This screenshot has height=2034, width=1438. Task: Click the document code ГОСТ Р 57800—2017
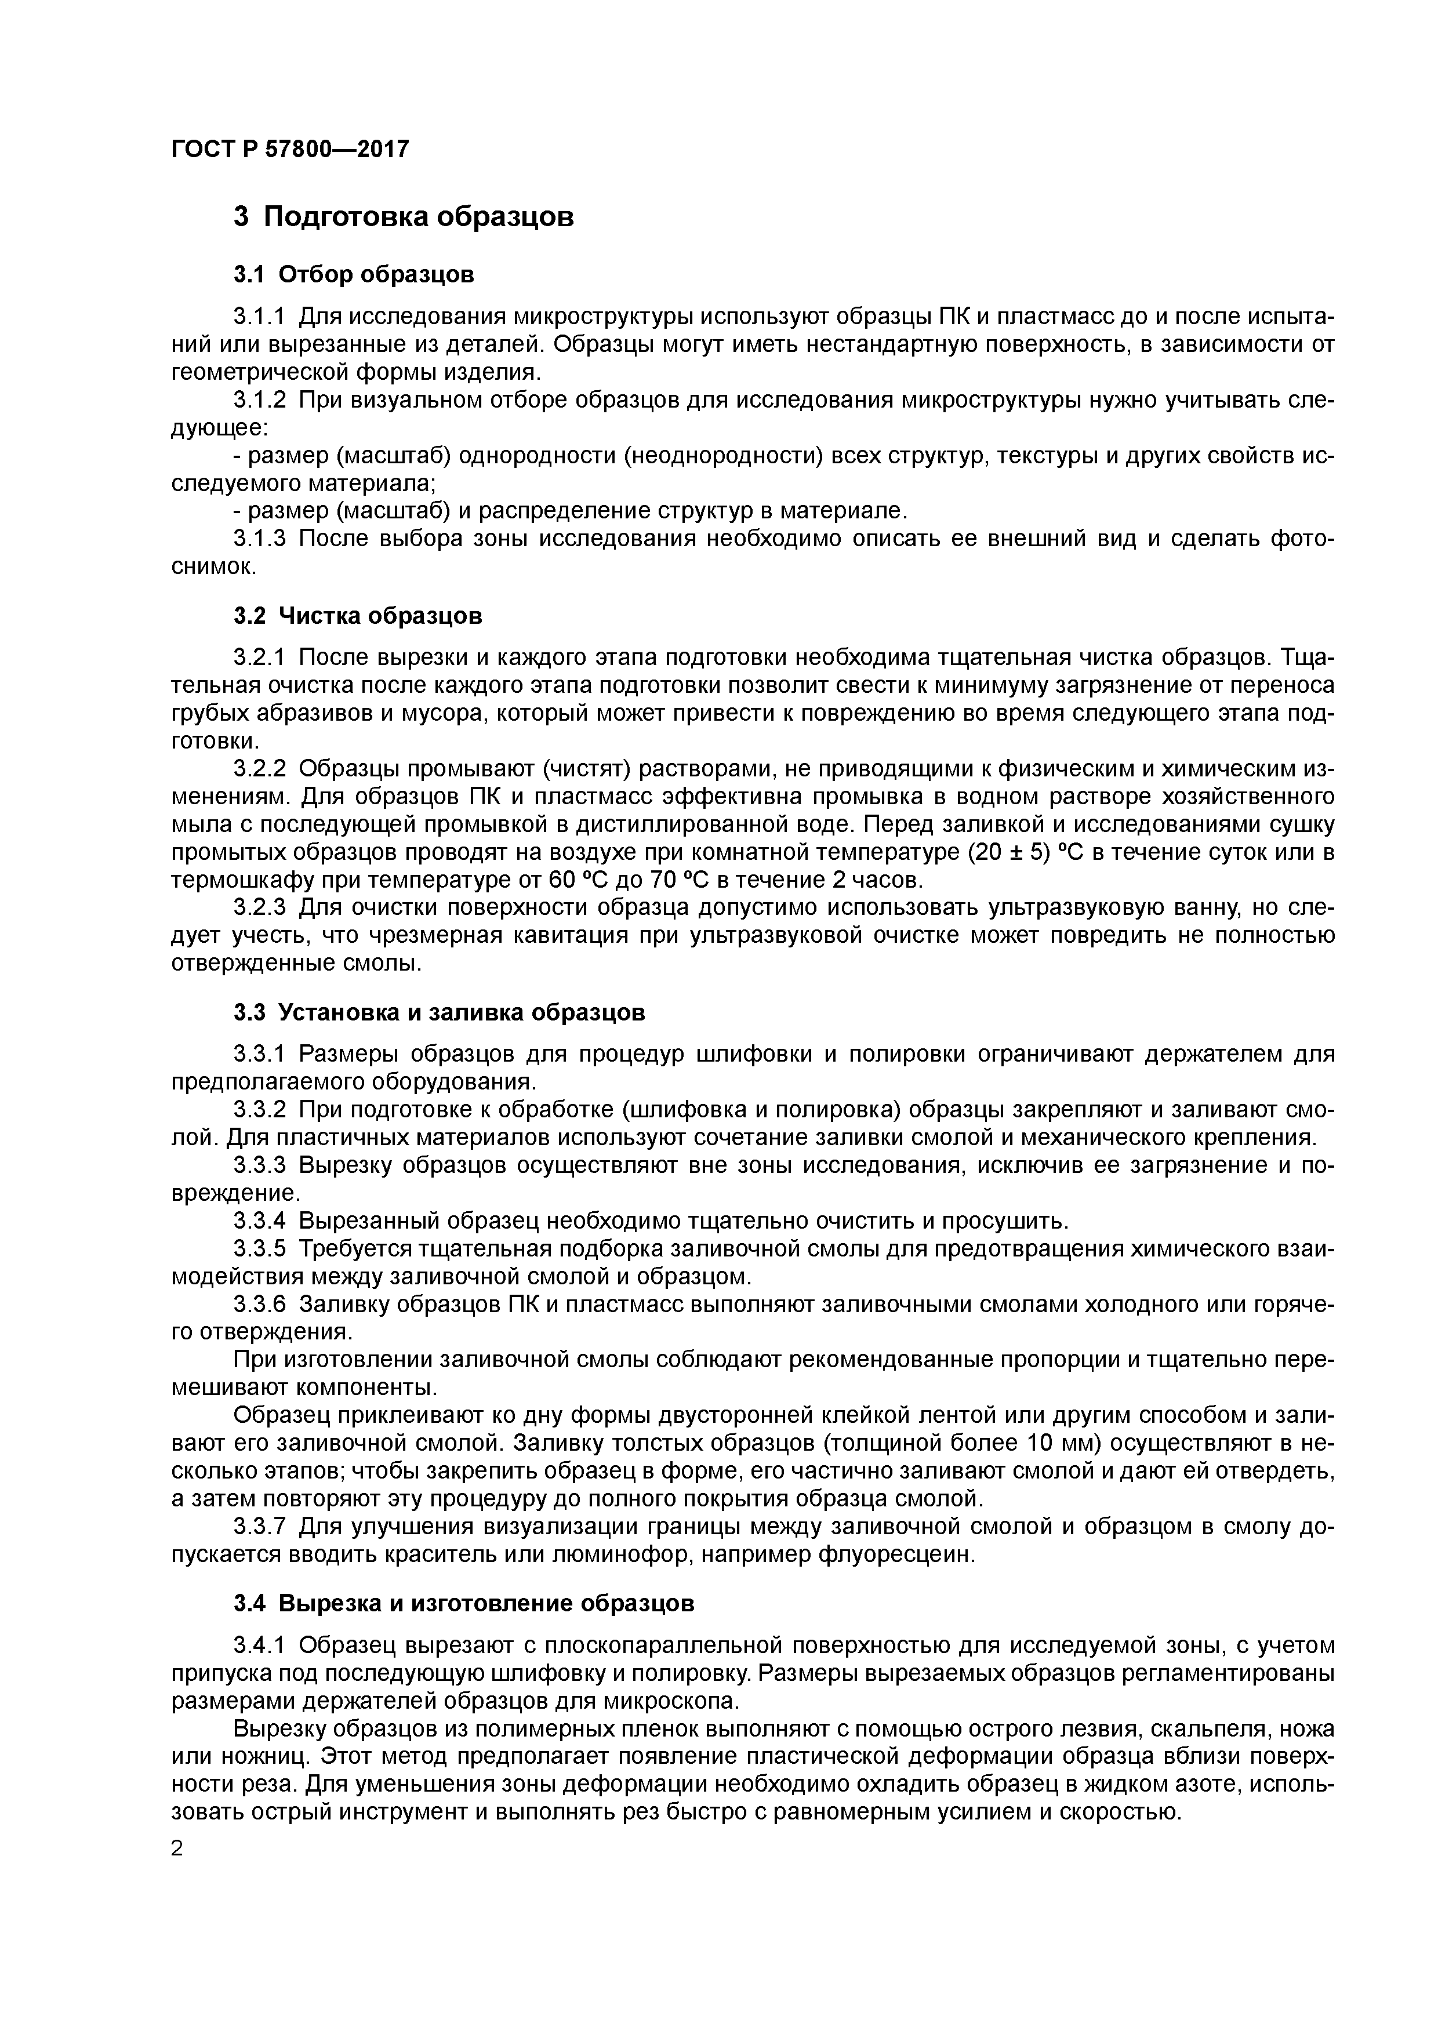click(x=290, y=150)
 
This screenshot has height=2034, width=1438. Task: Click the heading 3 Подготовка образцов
click(x=403, y=217)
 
